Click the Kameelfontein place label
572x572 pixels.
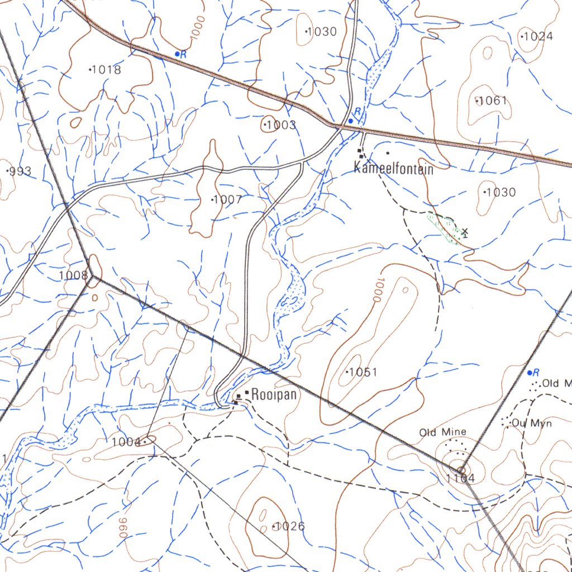point(394,168)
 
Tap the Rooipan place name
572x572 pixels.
point(274,394)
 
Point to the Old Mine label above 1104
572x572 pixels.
point(442,432)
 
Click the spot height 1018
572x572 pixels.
point(106,70)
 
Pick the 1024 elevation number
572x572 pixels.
point(537,37)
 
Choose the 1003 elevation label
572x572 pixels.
point(280,125)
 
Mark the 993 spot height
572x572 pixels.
point(20,171)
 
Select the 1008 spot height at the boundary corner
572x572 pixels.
point(73,275)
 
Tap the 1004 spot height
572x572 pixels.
point(126,442)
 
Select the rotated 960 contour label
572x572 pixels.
point(122,527)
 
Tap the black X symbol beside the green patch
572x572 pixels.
point(465,231)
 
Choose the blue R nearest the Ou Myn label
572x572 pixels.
point(535,372)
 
